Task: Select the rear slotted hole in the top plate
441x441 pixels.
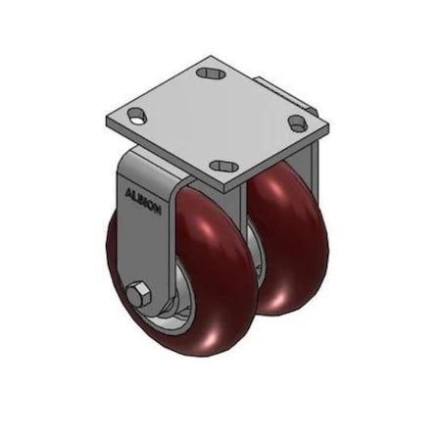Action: [x=210, y=73]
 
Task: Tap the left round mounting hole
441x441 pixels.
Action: [x=136, y=116]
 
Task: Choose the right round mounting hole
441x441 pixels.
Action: [x=296, y=122]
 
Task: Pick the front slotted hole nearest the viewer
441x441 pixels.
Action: [x=225, y=166]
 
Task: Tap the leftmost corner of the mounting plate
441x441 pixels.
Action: [x=107, y=122]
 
